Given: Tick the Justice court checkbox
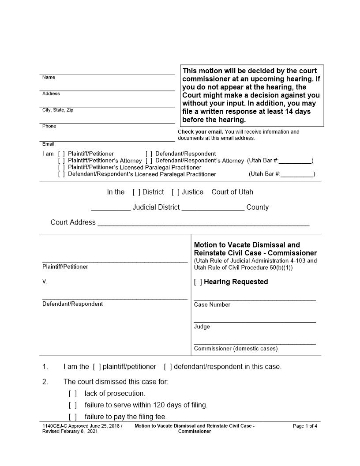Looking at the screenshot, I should pos(176,192).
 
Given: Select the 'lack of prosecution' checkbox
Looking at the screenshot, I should pos(73,393).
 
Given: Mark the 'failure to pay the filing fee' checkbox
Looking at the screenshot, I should pos(73,417).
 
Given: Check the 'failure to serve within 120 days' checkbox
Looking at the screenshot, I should pos(73,405).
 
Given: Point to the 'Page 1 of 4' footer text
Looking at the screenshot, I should pos(305,426).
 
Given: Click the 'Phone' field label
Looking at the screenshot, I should pos(49,126).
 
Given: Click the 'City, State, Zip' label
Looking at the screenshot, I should pos(57,110).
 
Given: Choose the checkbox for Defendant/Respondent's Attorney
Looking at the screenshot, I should pos(149,161).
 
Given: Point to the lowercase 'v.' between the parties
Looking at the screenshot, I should pos(45,282).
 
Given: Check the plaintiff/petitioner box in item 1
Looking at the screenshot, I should pos(97,367).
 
